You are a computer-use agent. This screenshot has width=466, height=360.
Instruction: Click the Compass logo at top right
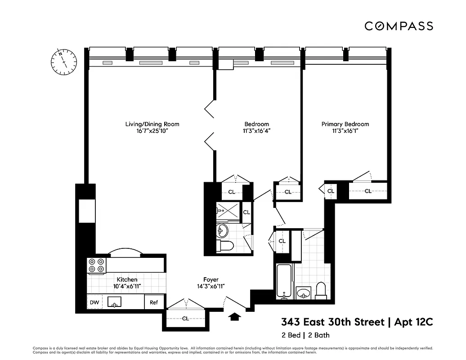pyautogui.click(x=399, y=26)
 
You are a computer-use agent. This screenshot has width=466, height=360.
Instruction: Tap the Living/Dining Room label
pyautogui.click(x=148, y=124)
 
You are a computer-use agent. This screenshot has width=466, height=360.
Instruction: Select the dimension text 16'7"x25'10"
pyautogui.click(x=148, y=131)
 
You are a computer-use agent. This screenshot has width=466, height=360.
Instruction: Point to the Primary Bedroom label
pyautogui.click(x=345, y=124)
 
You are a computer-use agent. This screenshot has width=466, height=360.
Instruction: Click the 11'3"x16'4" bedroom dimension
pyautogui.click(x=256, y=131)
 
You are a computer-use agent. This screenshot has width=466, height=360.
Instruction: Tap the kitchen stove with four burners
pyautogui.click(x=96, y=265)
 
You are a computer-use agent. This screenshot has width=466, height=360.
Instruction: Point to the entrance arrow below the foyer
pyautogui.click(x=234, y=317)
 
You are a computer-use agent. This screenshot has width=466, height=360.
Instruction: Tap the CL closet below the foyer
pyautogui.click(x=185, y=319)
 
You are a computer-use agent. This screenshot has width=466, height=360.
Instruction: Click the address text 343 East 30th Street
pyautogui.click(x=333, y=322)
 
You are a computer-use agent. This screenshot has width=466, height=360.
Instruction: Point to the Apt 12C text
pyautogui.click(x=414, y=322)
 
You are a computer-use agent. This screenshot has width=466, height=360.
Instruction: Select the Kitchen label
pyautogui.click(x=127, y=279)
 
